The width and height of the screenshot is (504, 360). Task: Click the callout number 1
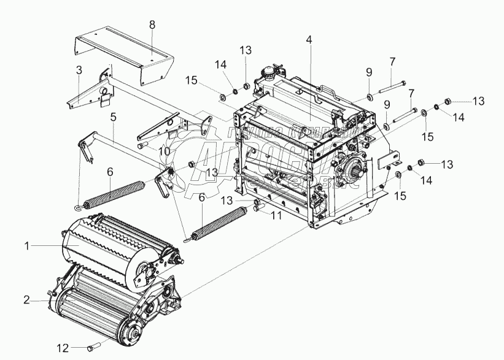[28, 246]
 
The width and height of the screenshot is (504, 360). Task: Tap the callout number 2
[26, 299]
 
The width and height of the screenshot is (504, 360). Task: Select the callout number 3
[79, 71]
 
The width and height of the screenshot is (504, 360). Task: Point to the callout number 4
[309, 40]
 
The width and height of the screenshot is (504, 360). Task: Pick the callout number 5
[113, 115]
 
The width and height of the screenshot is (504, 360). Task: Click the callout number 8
[153, 25]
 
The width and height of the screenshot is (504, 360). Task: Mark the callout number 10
[163, 151]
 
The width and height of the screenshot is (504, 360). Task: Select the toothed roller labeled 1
[104, 245]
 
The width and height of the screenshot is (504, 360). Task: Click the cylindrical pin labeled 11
[257, 209]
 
